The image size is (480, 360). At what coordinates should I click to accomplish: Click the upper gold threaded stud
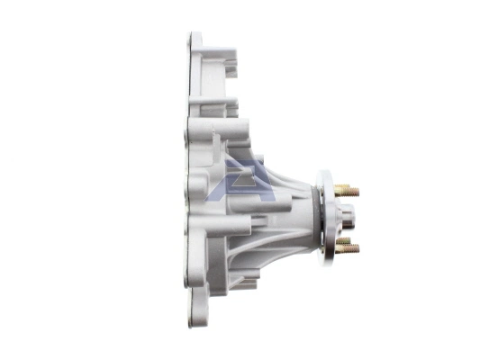click(348, 191)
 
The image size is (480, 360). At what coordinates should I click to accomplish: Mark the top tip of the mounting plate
click(195, 38)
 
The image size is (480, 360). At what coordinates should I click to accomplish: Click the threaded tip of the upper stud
click(356, 192)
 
